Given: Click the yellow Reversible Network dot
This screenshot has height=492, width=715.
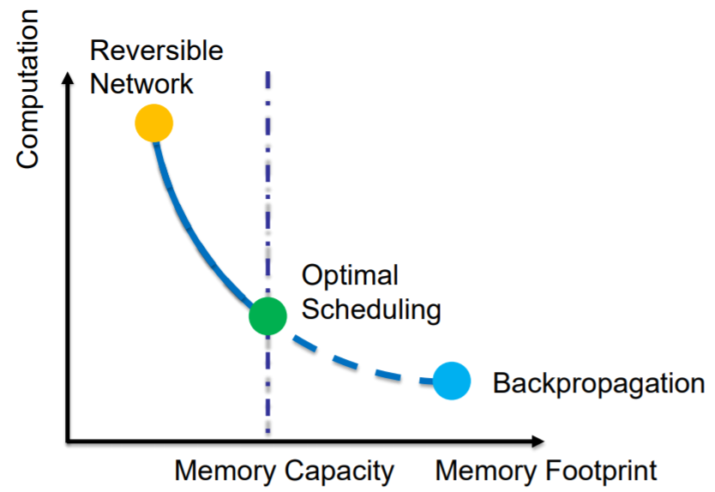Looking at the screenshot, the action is tap(154, 123).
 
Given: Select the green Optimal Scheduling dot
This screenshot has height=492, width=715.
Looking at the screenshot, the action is tap(267, 316).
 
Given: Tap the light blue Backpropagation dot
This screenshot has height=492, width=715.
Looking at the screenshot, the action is tap(452, 381).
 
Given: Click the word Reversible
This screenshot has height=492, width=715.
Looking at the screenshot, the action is tap(156, 51).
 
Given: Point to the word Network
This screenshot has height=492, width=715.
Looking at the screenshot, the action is tap(141, 84).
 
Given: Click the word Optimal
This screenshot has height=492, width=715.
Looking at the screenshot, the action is tap(350, 276).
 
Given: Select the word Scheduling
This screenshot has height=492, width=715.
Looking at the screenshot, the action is tap(371, 311).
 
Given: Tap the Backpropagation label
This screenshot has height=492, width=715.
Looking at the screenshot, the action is tap(598, 384).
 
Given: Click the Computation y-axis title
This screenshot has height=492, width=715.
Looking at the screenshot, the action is tap(27, 89).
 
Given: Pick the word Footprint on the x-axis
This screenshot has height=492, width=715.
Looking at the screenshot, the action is tap(602, 471).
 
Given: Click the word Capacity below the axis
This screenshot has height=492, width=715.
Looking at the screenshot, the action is tap(339, 471).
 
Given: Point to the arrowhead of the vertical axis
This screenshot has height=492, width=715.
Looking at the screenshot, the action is tap(68, 78).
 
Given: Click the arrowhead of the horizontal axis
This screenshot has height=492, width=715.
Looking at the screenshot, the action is tap(538, 441).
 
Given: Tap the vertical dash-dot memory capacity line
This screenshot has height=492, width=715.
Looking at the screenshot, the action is tap(267, 252).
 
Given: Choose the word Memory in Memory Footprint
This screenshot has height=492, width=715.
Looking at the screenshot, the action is tap(486, 471).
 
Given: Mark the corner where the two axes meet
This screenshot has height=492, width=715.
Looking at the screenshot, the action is tap(68, 441).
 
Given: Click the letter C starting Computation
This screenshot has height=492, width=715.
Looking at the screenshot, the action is tap(27, 158).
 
